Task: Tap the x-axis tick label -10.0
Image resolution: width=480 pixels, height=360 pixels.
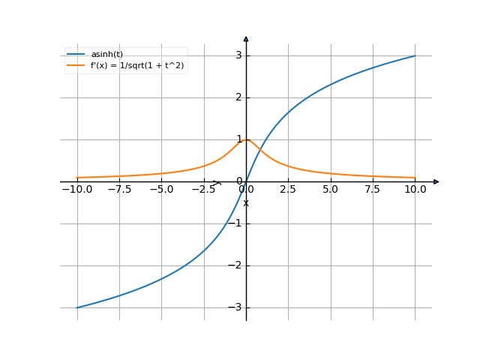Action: point(76,190)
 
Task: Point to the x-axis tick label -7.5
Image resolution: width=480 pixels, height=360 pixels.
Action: point(119,190)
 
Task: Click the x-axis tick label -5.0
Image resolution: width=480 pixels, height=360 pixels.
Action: point(161,190)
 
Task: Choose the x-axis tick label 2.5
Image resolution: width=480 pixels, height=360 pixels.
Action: point(288,190)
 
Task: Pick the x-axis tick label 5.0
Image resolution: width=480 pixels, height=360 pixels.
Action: point(331,190)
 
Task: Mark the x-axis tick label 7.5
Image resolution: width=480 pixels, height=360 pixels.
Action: point(373,190)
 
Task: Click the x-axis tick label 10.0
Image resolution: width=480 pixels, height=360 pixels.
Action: point(415,190)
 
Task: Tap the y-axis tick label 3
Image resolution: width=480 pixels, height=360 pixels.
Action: point(237,55)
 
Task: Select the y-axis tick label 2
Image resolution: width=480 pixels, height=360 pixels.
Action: point(237,97)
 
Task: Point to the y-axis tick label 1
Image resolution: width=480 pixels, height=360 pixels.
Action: point(237,139)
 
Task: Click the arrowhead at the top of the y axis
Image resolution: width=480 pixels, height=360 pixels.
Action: point(246,37)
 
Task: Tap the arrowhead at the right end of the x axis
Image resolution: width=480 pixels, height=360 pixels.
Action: point(436,181)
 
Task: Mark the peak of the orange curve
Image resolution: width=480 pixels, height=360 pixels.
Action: point(246,139)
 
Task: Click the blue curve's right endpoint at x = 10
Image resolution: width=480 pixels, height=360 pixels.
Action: point(415,55)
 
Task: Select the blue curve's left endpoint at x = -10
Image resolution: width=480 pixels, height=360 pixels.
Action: point(77,307)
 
